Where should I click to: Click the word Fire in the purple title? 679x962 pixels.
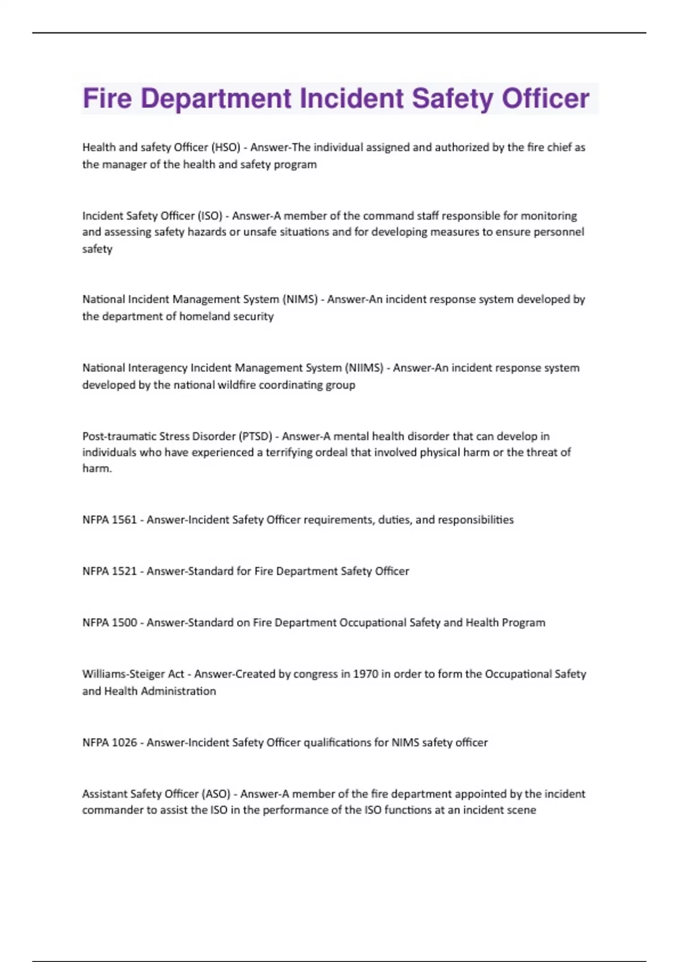coord(108,98)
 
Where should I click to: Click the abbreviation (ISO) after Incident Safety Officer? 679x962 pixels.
coord(209,216)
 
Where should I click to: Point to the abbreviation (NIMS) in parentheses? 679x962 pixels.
coord(300,299)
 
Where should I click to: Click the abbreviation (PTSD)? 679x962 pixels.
coord(255,436)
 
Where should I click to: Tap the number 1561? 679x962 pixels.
coord(124,520)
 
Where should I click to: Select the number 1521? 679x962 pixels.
coord(124,572)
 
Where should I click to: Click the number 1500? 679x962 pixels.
coord(124,623)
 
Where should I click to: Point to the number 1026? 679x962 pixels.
coord(124,742)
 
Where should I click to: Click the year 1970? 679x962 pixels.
coord(366,674)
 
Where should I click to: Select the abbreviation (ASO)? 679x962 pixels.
coord(216,794)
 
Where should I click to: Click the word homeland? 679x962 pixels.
coord(202,316)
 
